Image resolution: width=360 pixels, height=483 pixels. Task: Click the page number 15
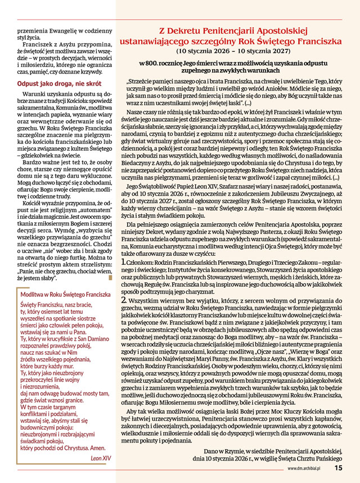338,467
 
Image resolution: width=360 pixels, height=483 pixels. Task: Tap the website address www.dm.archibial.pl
309,467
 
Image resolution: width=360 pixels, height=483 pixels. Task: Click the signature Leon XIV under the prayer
101,458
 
